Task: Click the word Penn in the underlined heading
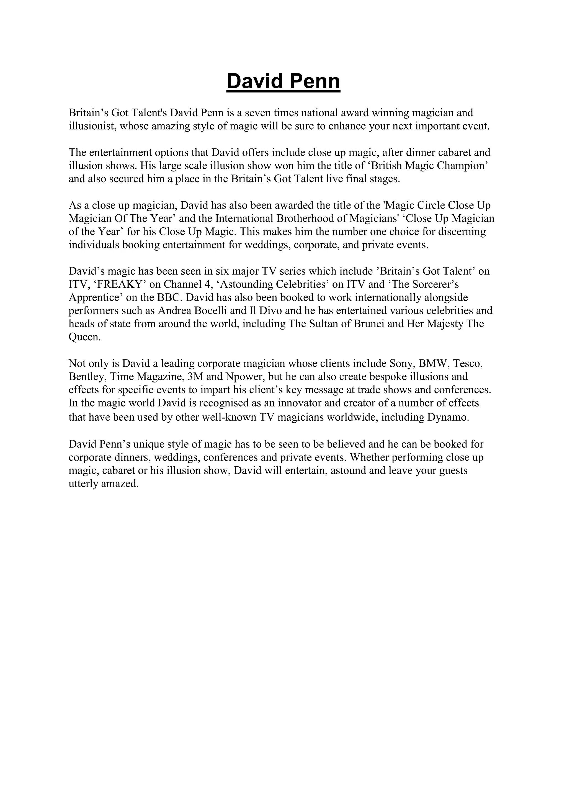[314, 81]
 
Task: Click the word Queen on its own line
[84, 337]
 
